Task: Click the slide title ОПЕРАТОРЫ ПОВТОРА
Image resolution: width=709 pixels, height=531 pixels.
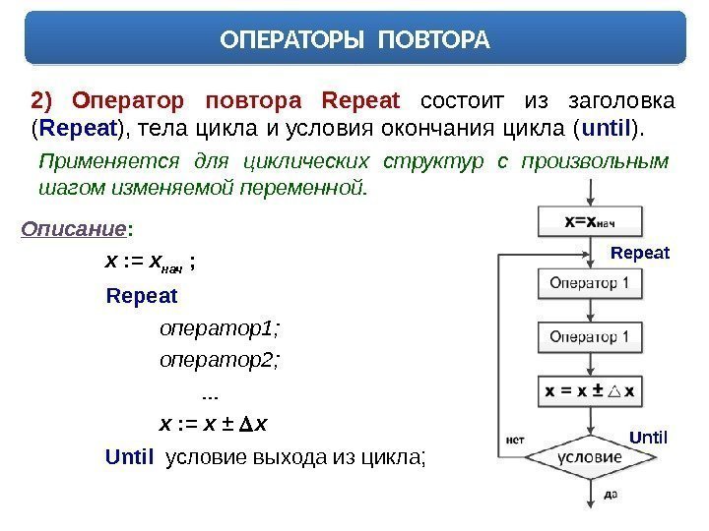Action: coord(354,40)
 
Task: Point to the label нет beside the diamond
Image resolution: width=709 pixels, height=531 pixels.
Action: coord(514,440)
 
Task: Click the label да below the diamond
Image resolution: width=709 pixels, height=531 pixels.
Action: coord(611,496)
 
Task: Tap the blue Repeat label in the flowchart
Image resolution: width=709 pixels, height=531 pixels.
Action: coord(639,253)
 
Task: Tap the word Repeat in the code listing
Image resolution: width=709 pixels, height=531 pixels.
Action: coord(142,295)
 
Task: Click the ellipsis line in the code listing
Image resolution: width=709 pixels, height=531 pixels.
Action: coord(209,393)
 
